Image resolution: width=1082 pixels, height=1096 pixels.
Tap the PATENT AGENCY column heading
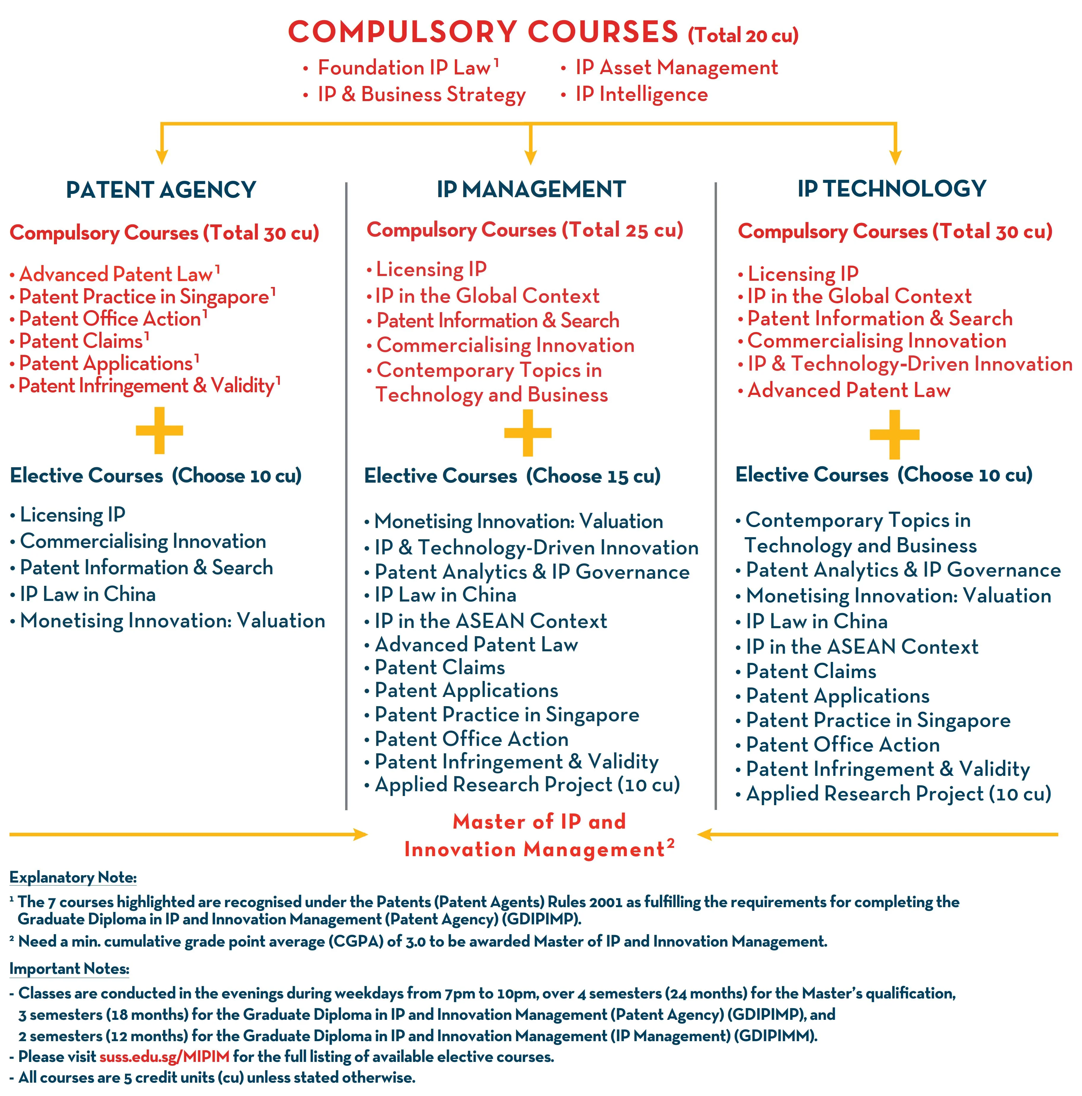click(161, 189)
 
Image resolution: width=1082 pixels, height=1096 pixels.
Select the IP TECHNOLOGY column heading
click(891, 188)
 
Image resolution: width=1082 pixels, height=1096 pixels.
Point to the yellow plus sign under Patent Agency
click(160, 430)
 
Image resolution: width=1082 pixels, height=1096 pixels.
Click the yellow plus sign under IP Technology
click(894, 435)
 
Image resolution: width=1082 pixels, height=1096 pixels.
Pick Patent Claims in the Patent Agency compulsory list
click(81, 341)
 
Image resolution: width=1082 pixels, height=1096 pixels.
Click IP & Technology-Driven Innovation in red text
click(909, 364)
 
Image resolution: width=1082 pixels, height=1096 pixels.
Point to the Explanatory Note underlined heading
click(73, 878)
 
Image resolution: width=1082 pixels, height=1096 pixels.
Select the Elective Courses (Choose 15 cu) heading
click(512, 476)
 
